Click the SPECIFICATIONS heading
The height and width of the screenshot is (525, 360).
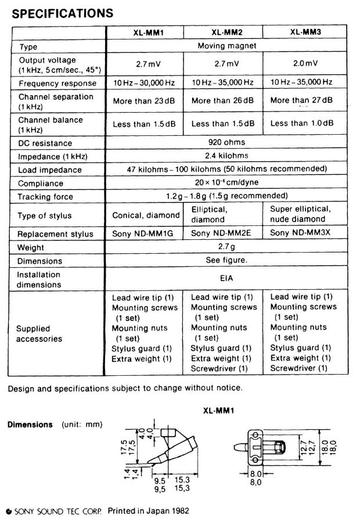click(x=62, y=12)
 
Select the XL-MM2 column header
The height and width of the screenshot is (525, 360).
click(x=224, y=33)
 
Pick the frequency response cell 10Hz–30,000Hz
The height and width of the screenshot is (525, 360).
click(x=144, y=83)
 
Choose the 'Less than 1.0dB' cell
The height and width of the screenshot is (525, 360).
click(x=302, y=123)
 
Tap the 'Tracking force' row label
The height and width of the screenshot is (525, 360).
click(x=46, y=197)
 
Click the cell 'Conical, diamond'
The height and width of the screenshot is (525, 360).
click(x=146, y=215)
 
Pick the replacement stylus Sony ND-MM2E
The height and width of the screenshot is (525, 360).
click(x=224, y=234)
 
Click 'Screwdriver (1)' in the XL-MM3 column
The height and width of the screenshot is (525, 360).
click(x=298, y=368)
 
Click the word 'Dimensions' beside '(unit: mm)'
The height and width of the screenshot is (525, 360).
click(x=30, y=425)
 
